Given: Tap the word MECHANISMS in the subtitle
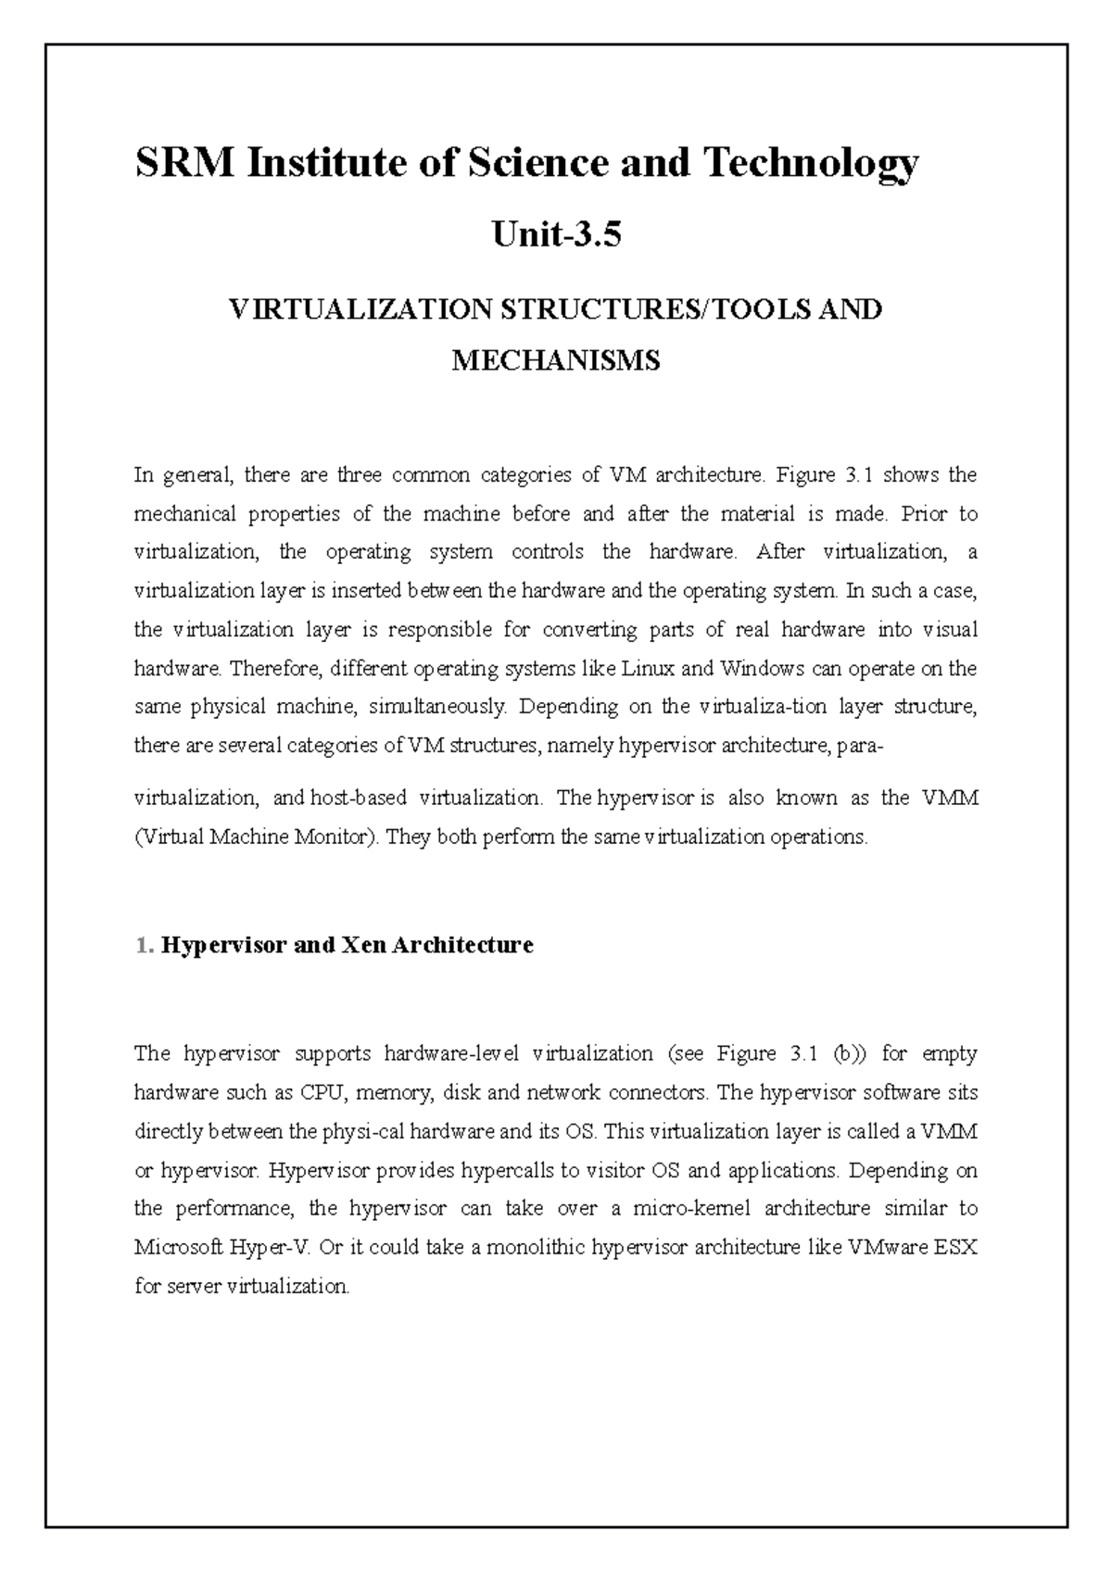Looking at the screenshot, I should [x=556, y=359].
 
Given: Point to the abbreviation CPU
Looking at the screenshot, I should [x=322, y=1092].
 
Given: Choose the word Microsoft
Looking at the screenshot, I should [x=176, y=1247].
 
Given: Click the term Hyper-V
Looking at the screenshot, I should [x=276, y=1247].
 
